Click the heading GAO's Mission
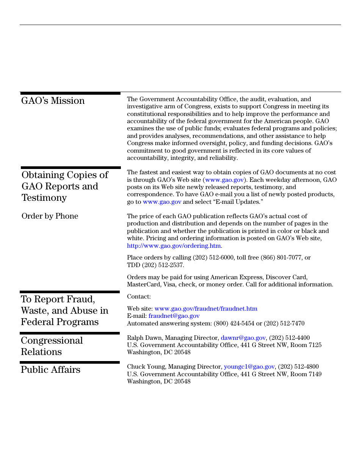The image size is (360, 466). point(53,101)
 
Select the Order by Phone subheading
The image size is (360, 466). point(50,216)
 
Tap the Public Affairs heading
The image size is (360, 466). point(50,370)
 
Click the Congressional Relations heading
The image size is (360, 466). point(52,346)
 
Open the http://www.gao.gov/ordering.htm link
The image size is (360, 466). point(174,246)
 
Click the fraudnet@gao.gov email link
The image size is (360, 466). point(174,316)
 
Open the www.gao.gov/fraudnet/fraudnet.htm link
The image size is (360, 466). point(206,309)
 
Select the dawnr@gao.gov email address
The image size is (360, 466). point(243,338)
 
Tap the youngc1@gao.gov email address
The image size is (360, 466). point(249,367)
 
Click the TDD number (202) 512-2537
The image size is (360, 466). point(163,265)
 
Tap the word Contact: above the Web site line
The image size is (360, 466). point(139,297)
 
